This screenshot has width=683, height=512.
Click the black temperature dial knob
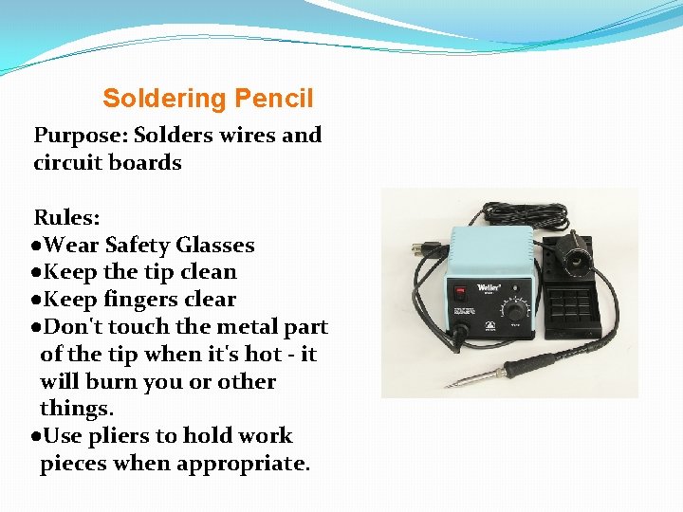coord(515,312)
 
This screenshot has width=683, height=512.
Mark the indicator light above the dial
coord(516,288)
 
